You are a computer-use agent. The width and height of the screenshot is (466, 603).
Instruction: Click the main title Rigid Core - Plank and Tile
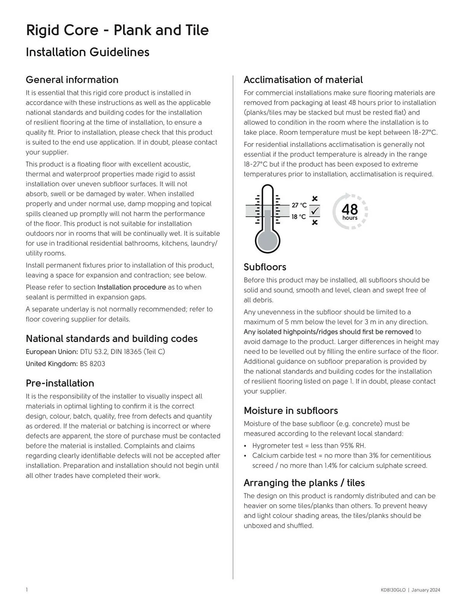117,30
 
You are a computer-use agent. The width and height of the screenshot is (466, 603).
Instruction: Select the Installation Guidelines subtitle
87,52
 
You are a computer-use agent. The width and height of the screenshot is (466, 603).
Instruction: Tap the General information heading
72,80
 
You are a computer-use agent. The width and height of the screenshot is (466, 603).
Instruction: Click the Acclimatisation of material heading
303,80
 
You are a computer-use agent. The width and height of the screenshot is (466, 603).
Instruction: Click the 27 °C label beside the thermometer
299,205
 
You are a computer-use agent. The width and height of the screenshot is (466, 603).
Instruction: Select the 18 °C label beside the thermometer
298,217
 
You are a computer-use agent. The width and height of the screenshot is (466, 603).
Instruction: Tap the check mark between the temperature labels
315,211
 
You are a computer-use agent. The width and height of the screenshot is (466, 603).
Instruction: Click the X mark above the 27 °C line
315,199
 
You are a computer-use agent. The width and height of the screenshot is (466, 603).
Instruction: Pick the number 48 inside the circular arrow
350,209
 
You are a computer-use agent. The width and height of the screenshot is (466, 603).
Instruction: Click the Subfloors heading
265,267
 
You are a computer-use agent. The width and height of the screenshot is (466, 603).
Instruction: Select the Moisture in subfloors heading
290,410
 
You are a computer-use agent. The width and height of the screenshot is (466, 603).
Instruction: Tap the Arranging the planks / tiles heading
304,483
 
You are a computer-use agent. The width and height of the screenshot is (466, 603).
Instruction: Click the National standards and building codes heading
112,339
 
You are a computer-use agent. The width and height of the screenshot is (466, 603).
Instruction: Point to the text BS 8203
92,364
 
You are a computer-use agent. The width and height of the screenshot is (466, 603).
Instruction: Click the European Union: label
52,352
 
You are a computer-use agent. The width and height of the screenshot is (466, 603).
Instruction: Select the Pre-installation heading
60,383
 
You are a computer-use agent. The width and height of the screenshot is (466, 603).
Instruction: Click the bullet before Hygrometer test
245,446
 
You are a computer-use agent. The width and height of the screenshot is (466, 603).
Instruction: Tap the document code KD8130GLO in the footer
393,590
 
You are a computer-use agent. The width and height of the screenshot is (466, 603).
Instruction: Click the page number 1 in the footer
27,590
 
